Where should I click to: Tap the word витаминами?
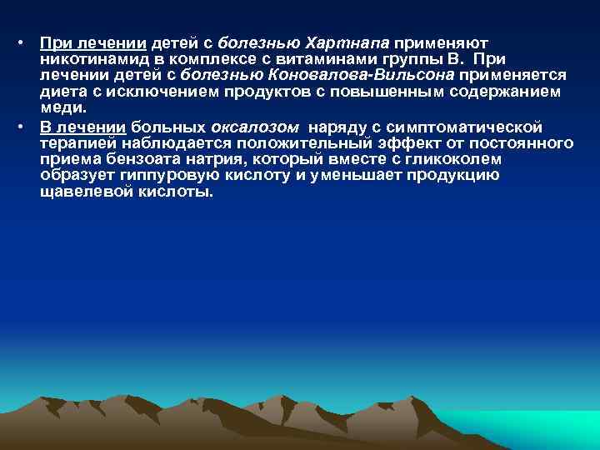(x=289, y=59)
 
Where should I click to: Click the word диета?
(x=62, y=92)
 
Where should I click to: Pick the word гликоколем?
(x=453, y=160)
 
